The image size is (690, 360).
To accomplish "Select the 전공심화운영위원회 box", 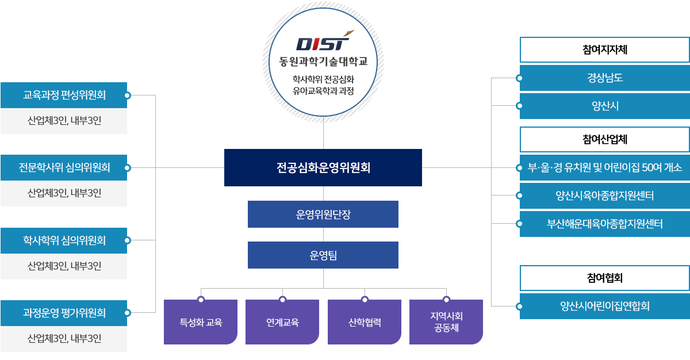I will pos(323,168).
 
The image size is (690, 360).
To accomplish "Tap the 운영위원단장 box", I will pos(323,215).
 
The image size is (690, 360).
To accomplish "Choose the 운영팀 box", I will pos(323,255).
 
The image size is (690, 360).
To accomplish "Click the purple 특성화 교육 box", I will pos(200,323).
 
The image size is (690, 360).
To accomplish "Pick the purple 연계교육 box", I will pos(282,323).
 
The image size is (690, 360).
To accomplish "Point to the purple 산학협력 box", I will pos(365,323).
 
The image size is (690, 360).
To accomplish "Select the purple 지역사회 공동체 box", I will pos(446,323).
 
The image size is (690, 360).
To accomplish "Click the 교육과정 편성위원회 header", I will pos(64,95).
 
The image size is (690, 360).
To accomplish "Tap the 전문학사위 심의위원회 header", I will pos(64,167).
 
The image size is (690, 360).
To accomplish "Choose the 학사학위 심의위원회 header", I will pos(64,240).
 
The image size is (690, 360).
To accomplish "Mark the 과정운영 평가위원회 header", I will pos(64,313).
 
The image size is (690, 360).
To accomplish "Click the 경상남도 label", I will pos(604,78).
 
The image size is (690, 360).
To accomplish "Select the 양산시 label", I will pos(604,106).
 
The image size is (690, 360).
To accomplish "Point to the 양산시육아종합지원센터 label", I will pos(604,196).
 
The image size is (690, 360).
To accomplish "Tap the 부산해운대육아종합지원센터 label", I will pos(604,224).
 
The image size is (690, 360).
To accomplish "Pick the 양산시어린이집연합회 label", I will pos(604,306).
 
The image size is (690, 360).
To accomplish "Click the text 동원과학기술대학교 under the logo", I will pos(323,61).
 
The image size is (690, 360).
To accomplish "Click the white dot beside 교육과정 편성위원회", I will pos(128,95).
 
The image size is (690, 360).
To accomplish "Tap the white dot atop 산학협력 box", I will pos(365,299).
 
